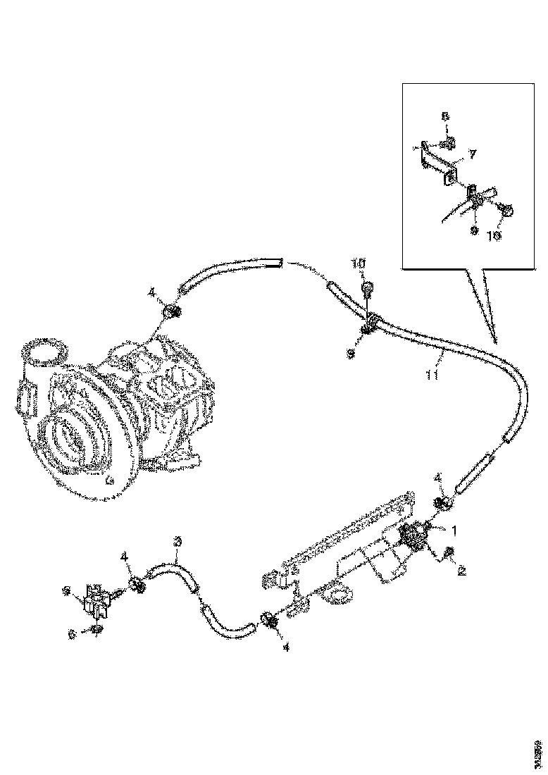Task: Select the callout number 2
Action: [462, 570]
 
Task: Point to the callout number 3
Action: [178, 541]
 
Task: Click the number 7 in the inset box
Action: [473, 154]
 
